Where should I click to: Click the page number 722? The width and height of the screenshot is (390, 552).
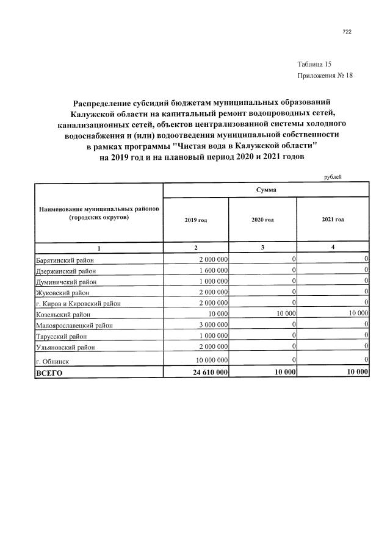pos(347,32)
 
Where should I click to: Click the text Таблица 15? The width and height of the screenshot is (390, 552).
pos(314,64)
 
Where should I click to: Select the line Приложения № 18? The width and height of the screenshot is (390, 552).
pos(325,76)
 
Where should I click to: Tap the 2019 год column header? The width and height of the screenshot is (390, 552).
pos(195,220)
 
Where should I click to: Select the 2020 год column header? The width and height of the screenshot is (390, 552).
pos(262,220)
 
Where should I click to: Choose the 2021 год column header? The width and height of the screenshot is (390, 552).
pos(333,220)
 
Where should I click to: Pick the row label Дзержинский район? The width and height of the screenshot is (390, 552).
pos(65,271)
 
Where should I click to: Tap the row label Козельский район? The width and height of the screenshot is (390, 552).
pos(63,315)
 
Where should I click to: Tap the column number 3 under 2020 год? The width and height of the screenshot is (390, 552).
pos(262,247)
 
